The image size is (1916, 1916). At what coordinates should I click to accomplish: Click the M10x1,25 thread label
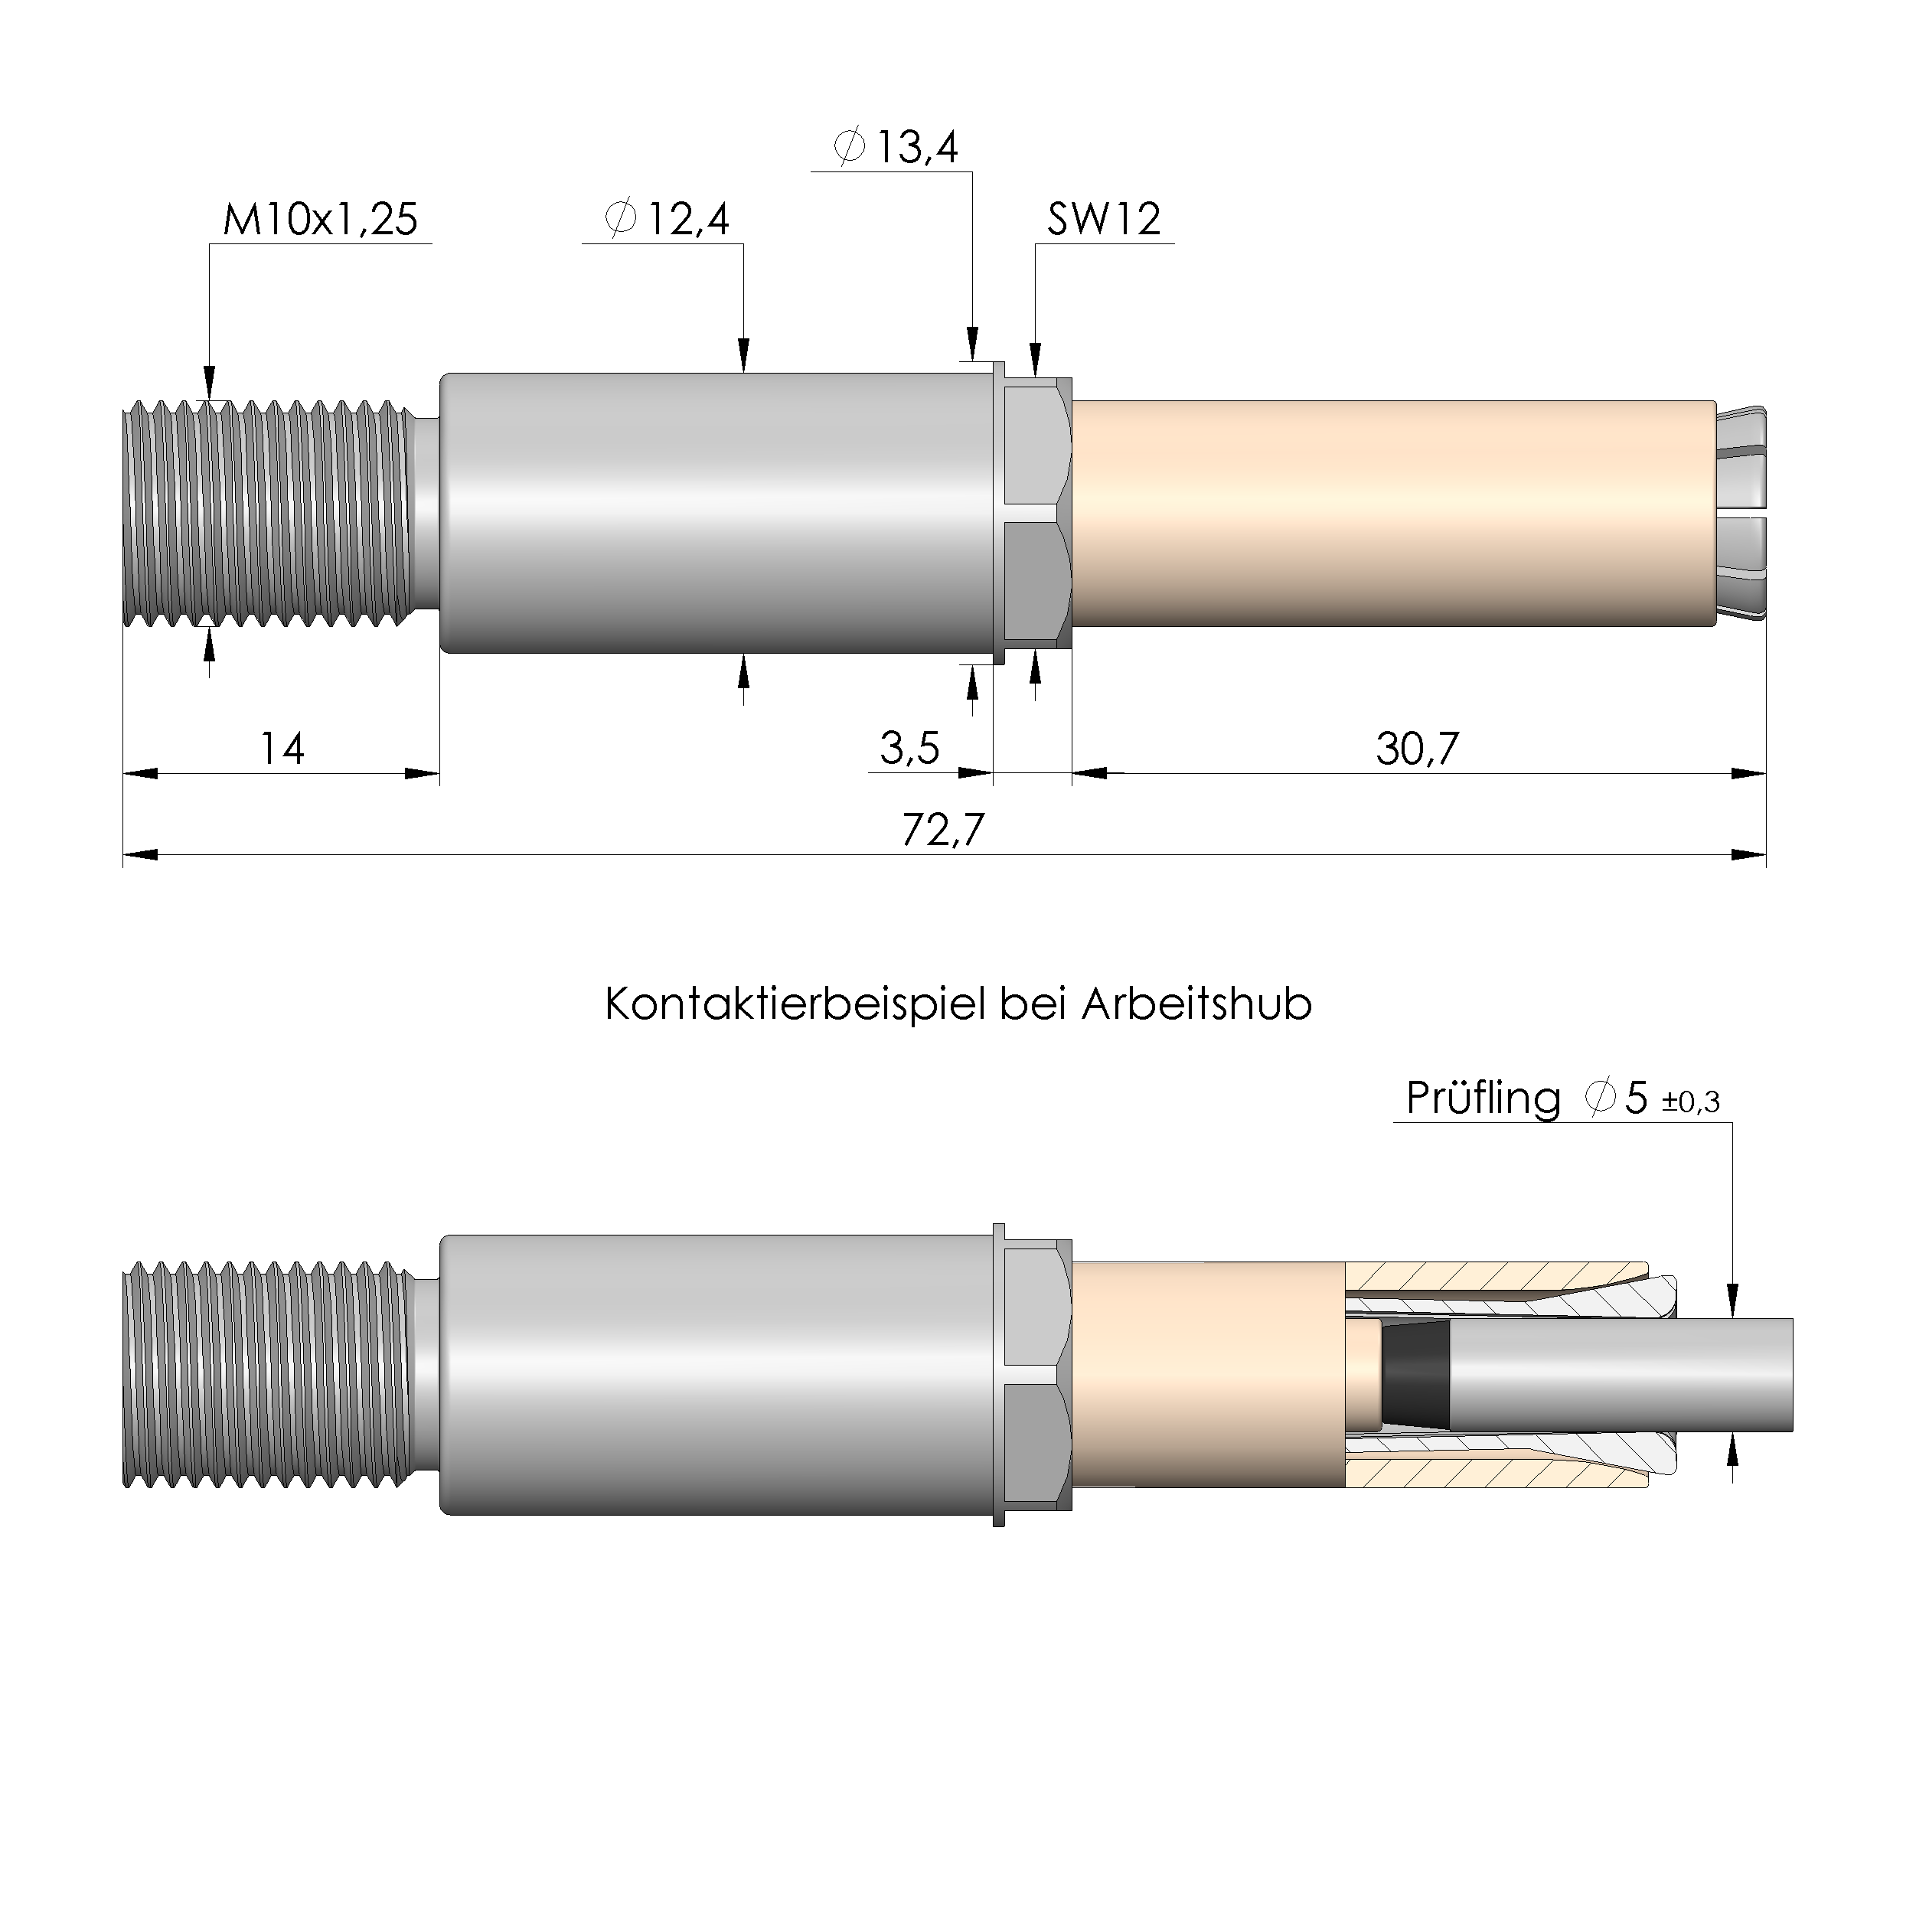click(319, 219)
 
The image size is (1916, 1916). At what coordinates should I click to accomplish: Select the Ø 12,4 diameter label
click(667, 219)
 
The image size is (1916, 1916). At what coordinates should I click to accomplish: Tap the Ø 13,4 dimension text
click(896, 148)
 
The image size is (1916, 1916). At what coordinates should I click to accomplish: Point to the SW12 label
click(1104, 219)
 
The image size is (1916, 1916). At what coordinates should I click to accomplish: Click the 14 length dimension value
click(282, 749)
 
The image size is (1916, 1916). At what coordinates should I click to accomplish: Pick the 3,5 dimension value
click(909, 749)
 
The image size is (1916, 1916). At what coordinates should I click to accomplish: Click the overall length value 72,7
click(942, 830)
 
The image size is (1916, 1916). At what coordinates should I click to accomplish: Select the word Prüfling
click(1483, 1098)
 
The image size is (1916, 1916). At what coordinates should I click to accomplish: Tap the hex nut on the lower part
click(1037, 1376)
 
